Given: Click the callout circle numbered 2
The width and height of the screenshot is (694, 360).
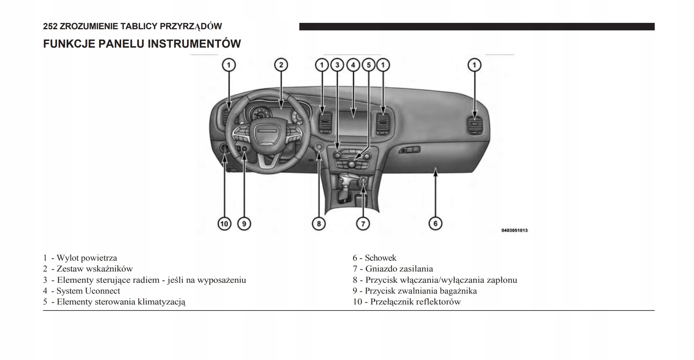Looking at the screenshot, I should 281,65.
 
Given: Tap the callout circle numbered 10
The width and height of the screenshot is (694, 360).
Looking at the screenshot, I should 224,224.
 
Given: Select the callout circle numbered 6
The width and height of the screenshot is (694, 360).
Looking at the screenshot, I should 435,223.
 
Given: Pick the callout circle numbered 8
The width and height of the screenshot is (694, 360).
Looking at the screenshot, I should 318,224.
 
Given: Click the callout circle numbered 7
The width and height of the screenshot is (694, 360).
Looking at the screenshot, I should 363,224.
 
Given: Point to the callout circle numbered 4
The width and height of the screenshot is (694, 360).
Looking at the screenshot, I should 353,65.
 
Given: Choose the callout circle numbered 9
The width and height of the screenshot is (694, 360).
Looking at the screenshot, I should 244,224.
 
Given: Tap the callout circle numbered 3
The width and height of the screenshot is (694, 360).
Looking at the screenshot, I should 337,65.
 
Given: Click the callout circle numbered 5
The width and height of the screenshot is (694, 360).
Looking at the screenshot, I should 368,65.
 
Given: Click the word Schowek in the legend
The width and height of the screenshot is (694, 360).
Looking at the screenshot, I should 380,258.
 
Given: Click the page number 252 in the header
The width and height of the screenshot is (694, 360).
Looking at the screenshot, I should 50,26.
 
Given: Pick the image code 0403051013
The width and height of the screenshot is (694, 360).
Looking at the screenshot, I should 514,230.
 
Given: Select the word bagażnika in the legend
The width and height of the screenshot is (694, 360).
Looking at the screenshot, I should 458,291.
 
